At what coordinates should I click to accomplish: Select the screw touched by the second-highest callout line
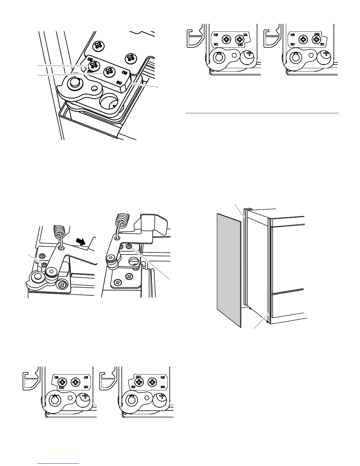click(x=109, y=72)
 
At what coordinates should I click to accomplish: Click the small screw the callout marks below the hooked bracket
click(x=129, y=246)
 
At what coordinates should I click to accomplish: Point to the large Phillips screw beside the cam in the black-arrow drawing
click(x=62, y=284)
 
